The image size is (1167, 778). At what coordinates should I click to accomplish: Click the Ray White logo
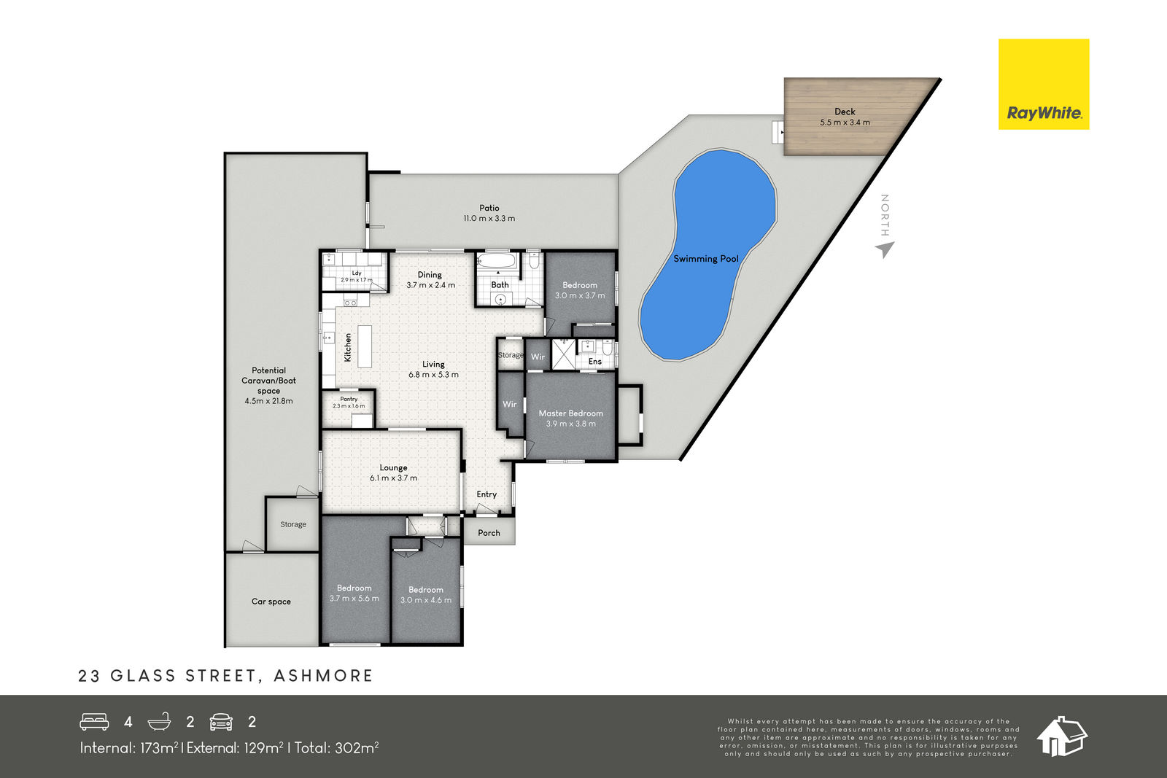pos(1044,84)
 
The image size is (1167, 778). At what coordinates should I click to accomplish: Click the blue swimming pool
pos(708,254)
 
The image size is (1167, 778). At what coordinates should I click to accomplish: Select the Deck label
pos(845,112)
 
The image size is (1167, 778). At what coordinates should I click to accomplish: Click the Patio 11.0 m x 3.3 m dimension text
pos(489,219)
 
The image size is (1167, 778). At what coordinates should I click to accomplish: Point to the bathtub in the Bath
pos(497,260)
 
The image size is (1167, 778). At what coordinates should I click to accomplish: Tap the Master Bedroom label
pos(570,413)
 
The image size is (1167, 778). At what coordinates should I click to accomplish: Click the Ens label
pos(595,362)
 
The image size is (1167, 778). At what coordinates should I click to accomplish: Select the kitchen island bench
pos(365,346)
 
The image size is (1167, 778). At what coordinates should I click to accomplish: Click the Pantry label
pos(349,399)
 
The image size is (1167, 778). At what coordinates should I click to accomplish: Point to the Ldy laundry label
pos(357,273)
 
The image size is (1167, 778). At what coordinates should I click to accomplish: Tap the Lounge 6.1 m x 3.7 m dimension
pos(393,478)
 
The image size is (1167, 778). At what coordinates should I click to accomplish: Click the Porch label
pos(489,533)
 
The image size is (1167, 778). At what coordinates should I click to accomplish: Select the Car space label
pos(271,602)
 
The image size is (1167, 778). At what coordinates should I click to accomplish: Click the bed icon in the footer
pos(94,722)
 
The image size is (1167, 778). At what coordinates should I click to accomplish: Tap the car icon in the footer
pos(221,722)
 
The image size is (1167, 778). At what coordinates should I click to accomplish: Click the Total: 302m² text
pos(336,748)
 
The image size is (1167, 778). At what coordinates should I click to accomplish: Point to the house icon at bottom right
pos(1061,736)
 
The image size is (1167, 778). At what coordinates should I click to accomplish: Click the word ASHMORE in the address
pos(324,676)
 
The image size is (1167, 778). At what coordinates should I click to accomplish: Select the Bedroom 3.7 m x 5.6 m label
pos(354,593)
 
